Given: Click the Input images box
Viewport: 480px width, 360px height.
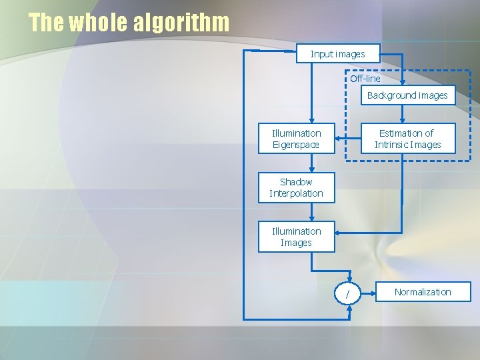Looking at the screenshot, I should [338, 53].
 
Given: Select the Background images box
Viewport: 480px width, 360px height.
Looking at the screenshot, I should [407, 95].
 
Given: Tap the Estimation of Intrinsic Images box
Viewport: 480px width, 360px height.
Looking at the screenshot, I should [407, 139].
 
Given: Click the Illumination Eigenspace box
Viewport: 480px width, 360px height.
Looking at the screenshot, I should [296, 139].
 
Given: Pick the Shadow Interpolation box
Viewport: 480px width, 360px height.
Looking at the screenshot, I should [296, 187].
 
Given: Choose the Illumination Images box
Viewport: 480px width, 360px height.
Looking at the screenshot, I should [296, 237].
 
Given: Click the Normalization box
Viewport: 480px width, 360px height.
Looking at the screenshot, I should [423, 292].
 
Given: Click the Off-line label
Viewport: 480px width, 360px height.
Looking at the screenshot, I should [365, 79].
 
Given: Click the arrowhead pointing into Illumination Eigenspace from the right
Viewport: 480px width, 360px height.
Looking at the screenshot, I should [338, 139].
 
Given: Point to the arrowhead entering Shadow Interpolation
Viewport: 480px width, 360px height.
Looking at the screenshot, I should [312, 170].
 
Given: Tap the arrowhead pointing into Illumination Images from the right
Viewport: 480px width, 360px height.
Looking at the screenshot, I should [338, 233].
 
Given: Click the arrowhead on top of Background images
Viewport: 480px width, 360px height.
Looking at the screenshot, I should [403, 83].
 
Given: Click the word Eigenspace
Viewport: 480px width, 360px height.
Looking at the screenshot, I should [296, 145].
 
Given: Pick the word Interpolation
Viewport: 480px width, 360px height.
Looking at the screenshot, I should [296, 193].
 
